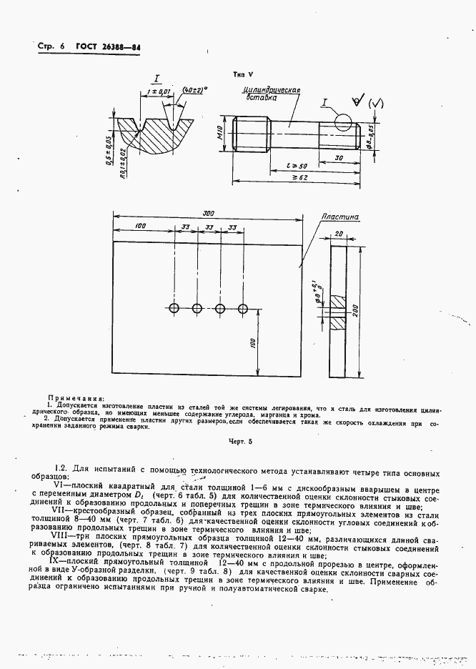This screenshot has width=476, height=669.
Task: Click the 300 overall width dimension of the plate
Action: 208,214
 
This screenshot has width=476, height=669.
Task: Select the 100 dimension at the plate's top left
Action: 140,227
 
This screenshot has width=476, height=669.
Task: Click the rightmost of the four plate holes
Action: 243,308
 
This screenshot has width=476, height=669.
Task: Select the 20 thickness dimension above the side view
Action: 338,234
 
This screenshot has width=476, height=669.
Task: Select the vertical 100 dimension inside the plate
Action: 253,344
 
